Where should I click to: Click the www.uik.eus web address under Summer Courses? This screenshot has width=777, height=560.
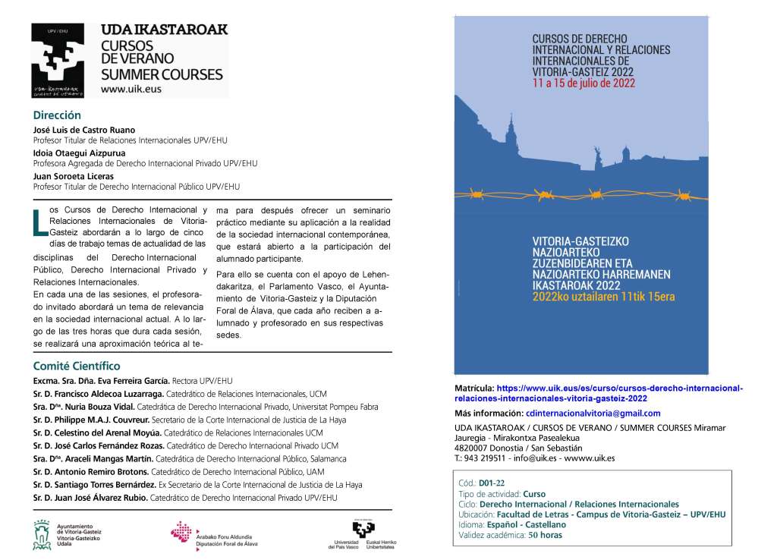click(131, 89)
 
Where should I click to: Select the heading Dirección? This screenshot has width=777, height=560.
click(57, 116)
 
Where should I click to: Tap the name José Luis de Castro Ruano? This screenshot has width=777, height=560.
click(84, 130)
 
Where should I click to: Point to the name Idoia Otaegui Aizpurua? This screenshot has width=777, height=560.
click(80, 153)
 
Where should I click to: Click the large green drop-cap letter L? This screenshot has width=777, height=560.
click(40, 223)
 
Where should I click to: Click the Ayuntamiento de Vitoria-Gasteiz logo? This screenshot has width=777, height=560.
click(68, 534)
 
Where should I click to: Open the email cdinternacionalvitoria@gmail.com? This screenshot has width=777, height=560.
click(593, 414)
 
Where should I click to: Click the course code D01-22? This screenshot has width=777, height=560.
click(492, 483)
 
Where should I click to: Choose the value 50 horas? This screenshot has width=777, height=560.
click(545, 535)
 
